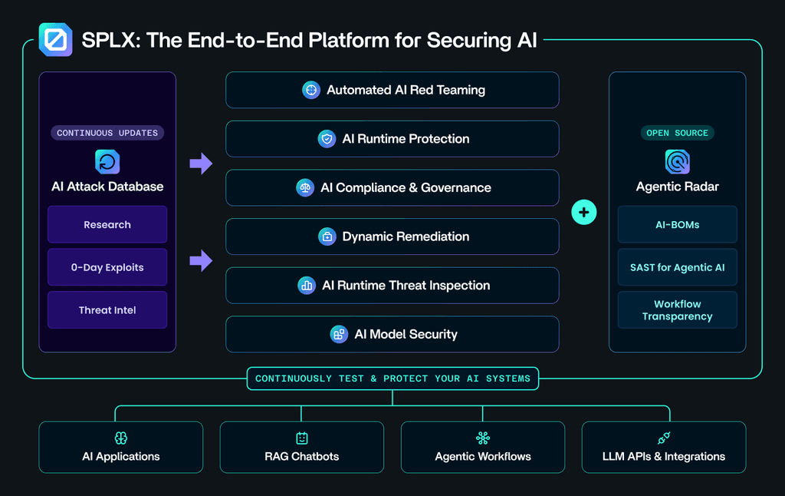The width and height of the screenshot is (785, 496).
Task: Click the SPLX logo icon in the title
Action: tap(55, 39)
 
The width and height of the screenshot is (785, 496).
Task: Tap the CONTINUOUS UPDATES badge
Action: tap(107, 133)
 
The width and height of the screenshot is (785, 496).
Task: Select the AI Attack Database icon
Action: tap(107, 162)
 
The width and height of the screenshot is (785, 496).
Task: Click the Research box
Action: tap(107, 225)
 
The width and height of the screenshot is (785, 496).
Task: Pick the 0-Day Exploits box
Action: tap(107, 268)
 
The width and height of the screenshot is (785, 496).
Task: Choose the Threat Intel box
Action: tap(107, 310)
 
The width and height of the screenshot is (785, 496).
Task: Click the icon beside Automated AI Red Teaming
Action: tap(310, 90)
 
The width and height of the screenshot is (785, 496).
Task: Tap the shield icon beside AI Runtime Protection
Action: tap(327, 139)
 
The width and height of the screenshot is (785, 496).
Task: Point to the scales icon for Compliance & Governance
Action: tap(305, 187)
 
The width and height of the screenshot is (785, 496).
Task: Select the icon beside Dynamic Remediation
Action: tap(327, 236)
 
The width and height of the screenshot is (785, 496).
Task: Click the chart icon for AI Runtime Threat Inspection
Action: tap(307, 286)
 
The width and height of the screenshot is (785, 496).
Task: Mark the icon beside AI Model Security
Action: tap(339, 334)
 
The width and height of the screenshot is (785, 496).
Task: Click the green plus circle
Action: tap(584, 212)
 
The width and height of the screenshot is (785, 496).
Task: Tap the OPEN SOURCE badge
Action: tap(677, 133)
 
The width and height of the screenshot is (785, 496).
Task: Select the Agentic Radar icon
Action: tap(677, 162)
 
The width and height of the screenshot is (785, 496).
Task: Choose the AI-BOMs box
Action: tap(677, 225)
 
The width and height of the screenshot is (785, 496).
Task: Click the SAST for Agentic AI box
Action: tap(677, 268)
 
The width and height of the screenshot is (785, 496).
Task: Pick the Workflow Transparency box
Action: tap(677, 310)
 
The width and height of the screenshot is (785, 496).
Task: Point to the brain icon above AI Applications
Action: tap(121, 438)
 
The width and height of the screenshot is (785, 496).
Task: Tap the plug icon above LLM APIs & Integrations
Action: tap(664, 438)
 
